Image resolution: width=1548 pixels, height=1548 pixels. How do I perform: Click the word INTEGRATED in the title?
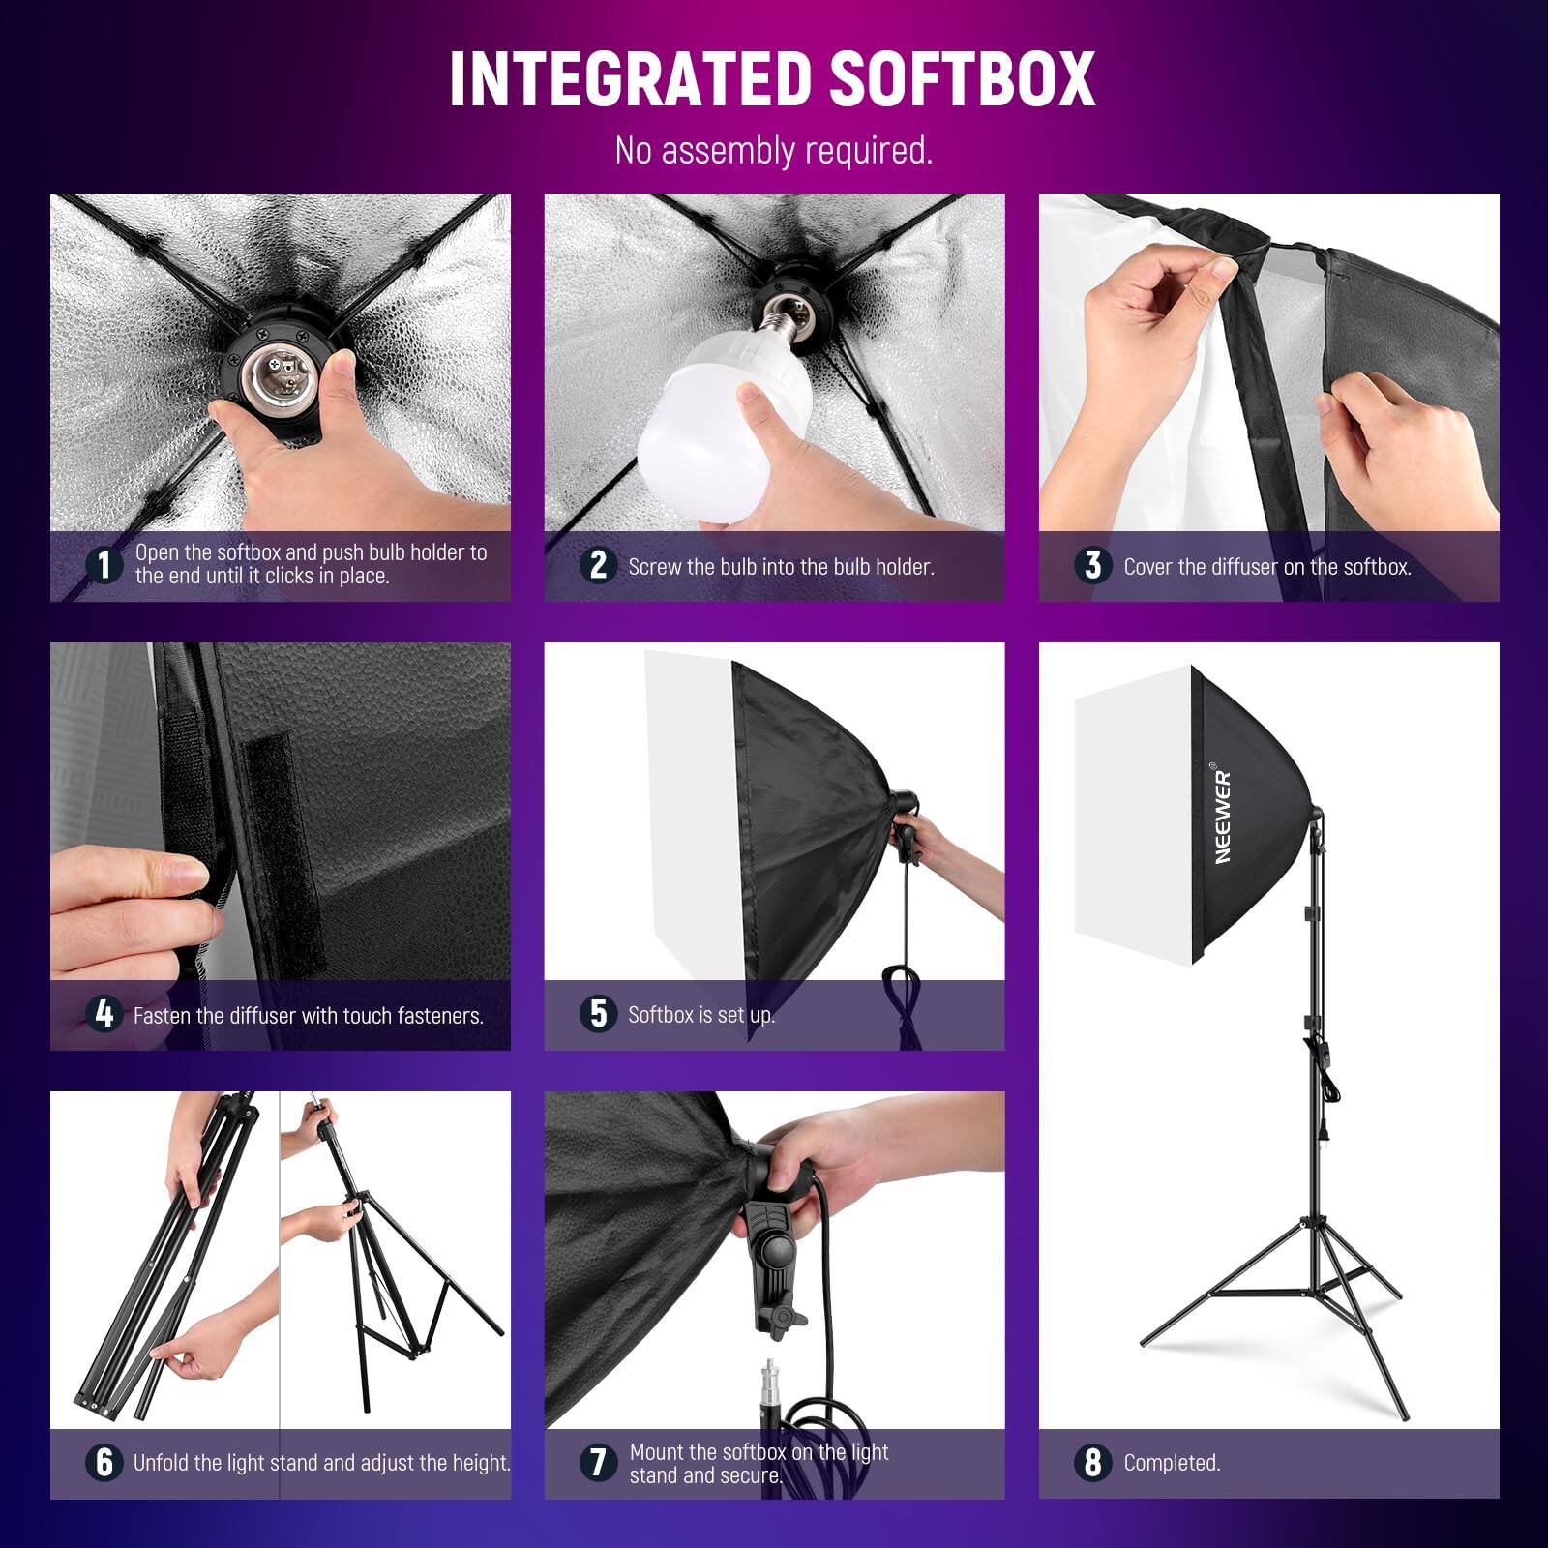pos(632,78)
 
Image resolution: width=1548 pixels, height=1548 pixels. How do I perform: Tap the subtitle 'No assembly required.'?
pos(773,151)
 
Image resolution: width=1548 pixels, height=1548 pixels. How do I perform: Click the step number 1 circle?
pos(104,565)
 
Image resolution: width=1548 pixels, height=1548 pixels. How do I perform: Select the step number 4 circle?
pos(104,1014)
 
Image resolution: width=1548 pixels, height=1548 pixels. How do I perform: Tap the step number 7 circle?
pos(598,1463)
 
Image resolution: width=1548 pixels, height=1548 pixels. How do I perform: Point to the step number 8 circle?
pos(1092,1463)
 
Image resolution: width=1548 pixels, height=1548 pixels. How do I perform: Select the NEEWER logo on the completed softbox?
pos(1223,816)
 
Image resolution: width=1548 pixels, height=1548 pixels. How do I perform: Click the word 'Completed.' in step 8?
pos(1172,1463)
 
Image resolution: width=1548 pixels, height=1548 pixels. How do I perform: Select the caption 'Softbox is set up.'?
pos(700,1015)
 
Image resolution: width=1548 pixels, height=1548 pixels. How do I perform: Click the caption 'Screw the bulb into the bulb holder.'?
pos(780,567)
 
